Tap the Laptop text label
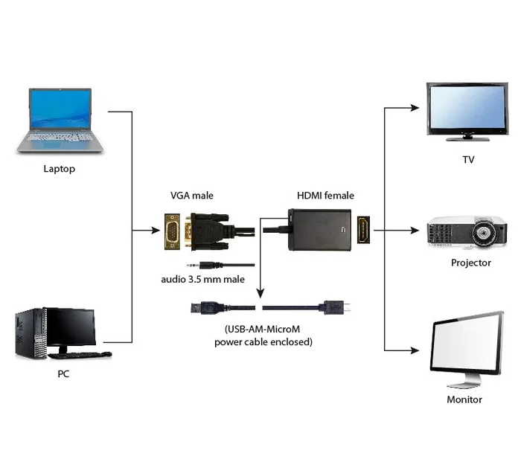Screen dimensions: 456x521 click(60, 169)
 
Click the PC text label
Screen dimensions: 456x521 click(63, 373)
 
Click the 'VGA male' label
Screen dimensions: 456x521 click(192, 196)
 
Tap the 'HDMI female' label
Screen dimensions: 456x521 click(325, 196)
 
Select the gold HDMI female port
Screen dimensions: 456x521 click(364, 231)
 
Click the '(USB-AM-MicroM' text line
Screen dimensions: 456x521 click(263, 329)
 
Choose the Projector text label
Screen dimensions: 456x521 click(470, 263)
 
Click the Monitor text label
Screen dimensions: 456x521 click(464, 399)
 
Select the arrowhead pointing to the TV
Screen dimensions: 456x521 click(415, 108)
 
